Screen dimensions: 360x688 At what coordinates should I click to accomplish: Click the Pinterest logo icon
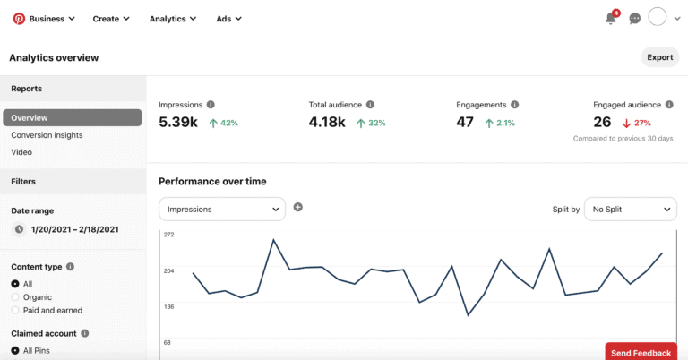pos(18,18)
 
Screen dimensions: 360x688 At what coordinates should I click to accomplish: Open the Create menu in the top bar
pos(111,19)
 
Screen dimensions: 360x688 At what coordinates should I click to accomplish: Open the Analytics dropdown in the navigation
pos(174,19)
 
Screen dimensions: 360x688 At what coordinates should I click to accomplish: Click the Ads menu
pos(229,19)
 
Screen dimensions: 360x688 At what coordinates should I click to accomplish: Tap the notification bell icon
pos(611,18)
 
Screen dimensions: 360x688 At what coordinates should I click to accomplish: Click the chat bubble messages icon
pos(635,18)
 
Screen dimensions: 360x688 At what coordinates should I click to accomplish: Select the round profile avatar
pos(658,18)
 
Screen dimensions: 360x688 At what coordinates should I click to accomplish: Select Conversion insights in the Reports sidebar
pos(47,135)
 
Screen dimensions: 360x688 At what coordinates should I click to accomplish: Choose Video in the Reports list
pos(21,152)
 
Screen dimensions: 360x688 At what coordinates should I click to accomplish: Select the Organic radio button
pos(15,296)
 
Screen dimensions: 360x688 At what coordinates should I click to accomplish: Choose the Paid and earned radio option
pos(15,310)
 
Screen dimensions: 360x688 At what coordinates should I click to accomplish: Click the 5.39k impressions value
pos(178,123)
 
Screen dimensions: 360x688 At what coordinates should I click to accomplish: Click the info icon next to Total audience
pos(370,105)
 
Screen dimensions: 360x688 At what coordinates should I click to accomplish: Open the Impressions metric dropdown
pos(222,210)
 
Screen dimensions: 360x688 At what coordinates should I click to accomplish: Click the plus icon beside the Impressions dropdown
pos(298,207)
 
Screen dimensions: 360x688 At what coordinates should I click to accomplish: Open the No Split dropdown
pos(630,210)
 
